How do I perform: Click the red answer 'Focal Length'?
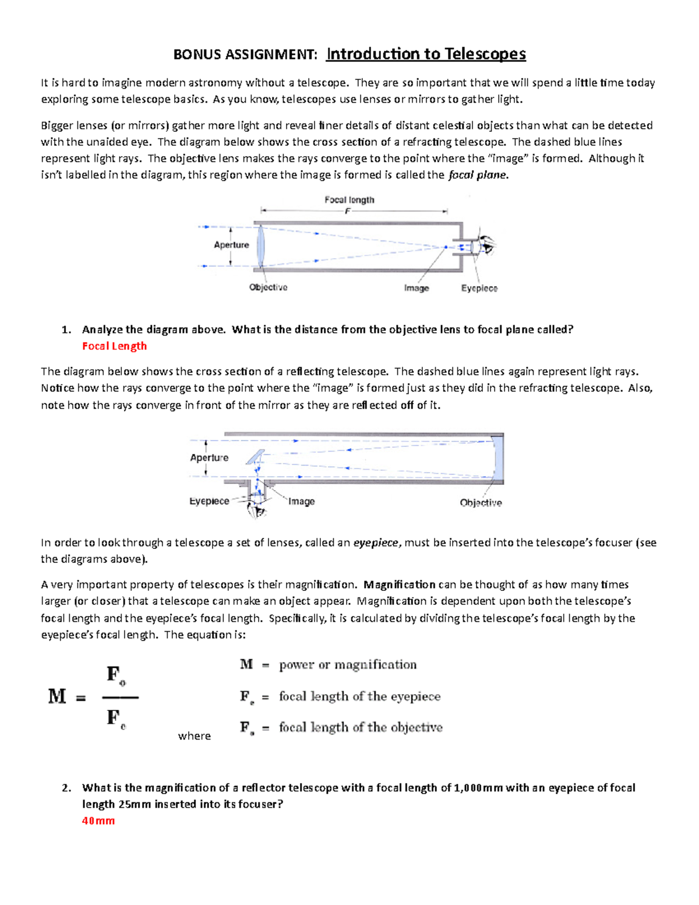tap(114, 346)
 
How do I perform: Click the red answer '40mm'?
tap(98, 821)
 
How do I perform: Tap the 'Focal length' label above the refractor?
tap(349, 200)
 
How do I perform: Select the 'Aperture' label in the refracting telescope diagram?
tap(231, 245)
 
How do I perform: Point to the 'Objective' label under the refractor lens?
tap(268, 287)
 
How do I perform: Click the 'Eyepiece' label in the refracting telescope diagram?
tap(479, 288)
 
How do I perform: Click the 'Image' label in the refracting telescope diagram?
tap(416, 288)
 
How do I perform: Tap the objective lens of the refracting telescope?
tap(260, 247)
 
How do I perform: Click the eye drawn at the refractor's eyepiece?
tap(486, 245)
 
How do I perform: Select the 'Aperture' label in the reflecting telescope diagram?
tap(209, 457)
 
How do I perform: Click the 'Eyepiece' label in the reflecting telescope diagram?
tap(209, 501)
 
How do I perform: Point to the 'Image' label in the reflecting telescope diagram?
tap(301, 501)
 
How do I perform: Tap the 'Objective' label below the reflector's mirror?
tap(481, 502)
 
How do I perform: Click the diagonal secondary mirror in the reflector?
tap(255, 457)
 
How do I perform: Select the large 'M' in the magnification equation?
tap(57, 696)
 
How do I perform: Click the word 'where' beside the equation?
tap(195, 736)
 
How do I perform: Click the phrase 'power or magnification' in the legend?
tap(348, 665)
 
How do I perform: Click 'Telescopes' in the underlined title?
tap(485, 54)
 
